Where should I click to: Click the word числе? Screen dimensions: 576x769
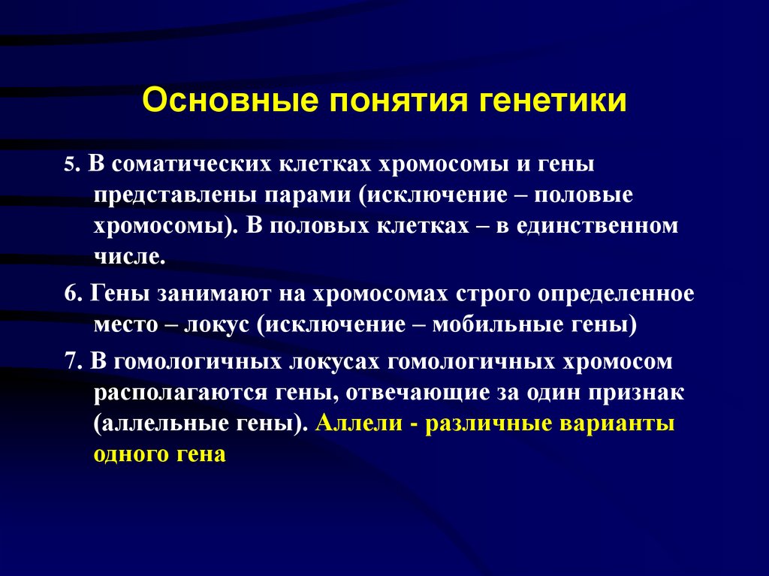pyautogui.click(x=129, y=258)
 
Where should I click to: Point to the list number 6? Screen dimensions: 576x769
pyautogui.click(x=71, y=294)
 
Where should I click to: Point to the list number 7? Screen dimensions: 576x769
pyautogui.click(x=71, y=361)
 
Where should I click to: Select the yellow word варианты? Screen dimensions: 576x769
pyautogui.click(x=617, y=423)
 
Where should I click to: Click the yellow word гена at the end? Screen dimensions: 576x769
pyautogui.click(x=201, y=455)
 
